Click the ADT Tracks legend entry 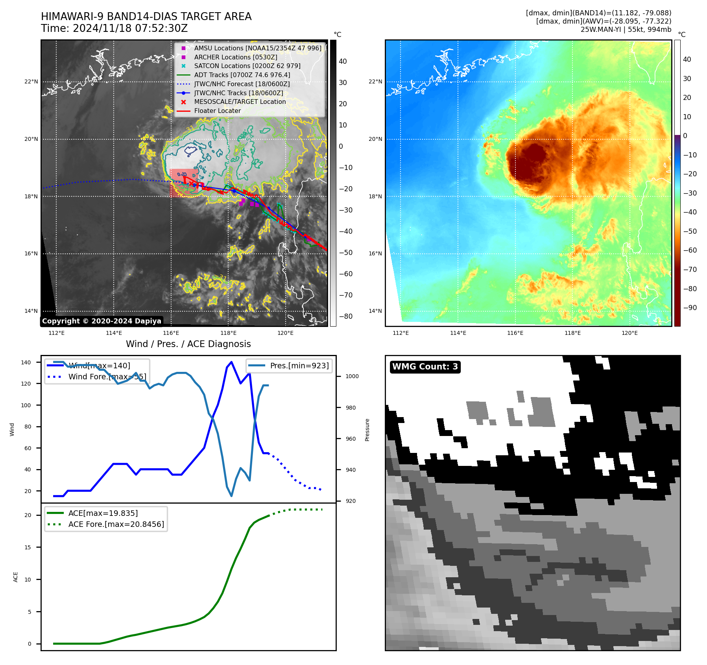tap(242, 75)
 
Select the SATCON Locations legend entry tap(247, 66)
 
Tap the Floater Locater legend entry tap(217, 111)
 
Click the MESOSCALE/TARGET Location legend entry tap(240, 102)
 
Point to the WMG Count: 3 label tap(425, 367)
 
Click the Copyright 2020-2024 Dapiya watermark tap(102, 321)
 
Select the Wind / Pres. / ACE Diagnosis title tap(188, 344)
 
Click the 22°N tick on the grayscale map tap(31, 82)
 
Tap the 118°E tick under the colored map tap(572, 333)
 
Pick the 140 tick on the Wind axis tap(26, 362)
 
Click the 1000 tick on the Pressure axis tap(352, 376)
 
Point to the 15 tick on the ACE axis tap(28, 547)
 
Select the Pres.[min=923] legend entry tap(299, 366)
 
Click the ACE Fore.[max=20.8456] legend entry tap(116, 524)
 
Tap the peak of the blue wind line tap(231, 362)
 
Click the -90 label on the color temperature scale tap(690, 308)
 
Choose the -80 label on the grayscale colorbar tap(346, 316)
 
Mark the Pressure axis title tap(367, 430)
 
